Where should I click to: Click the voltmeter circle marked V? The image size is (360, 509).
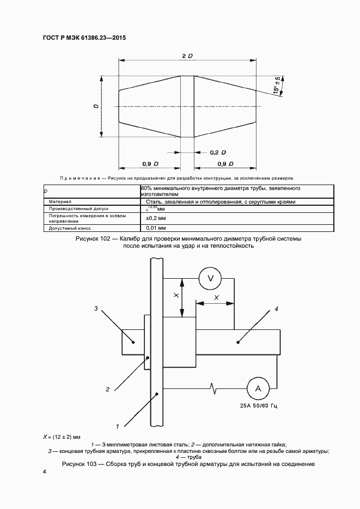coord(208,279)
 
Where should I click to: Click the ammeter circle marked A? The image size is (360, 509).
coord(258,388)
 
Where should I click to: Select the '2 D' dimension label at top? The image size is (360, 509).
coord(187,57)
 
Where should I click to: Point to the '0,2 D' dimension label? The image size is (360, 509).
coord(218,152)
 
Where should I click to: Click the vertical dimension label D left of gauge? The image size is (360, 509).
coord(96,107)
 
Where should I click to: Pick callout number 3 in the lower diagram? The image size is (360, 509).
coord(95,309)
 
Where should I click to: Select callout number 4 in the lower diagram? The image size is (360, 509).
coord(276,309)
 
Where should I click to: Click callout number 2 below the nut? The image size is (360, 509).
coord(108,389)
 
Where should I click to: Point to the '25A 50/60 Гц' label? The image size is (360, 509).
coord(258,406)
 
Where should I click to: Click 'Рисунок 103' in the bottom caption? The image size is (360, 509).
coord(83,464)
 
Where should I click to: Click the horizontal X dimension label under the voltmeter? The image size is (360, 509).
coord(216,297)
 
